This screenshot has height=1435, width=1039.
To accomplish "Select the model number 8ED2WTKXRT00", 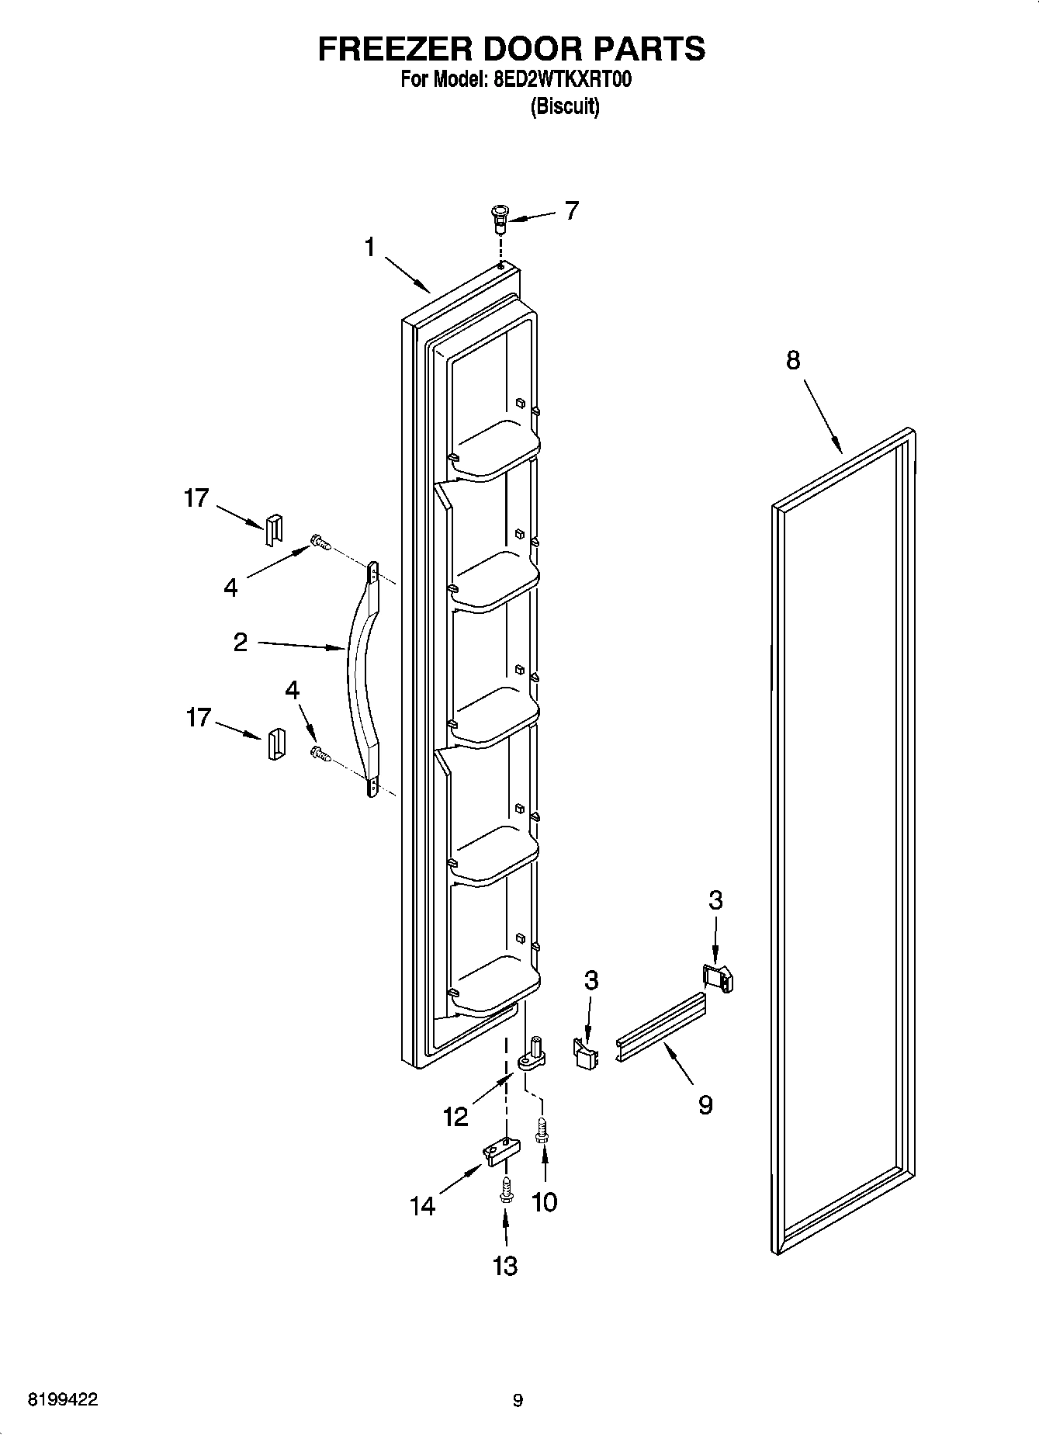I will (557, 79).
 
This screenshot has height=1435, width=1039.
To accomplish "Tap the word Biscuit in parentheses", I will (564, 106).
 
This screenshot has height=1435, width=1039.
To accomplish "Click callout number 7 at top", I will (571, 210).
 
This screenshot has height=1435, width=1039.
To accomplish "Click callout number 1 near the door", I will (370, 248).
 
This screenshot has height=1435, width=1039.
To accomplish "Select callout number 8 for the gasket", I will (792, 360).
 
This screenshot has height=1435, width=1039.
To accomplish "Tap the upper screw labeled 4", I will (319, 542).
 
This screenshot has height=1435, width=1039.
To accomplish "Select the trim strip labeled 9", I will (662, 1028).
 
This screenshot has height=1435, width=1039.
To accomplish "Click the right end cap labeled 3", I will (718, 977).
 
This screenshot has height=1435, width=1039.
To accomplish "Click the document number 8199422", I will (63, 1400).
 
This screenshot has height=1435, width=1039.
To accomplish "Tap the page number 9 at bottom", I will (518, 1400).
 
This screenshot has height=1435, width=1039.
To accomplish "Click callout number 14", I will (423, 1205).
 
